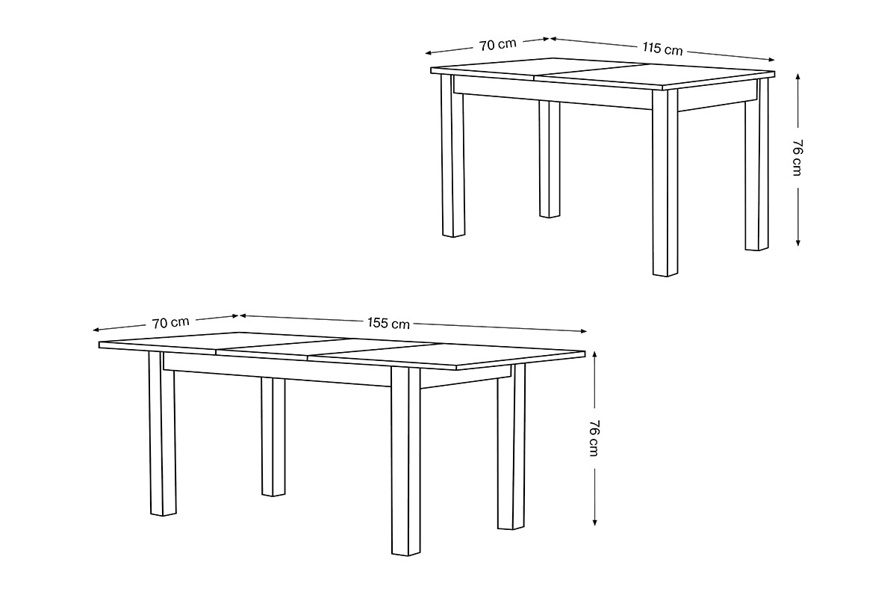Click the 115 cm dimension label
click(x=662, y=49)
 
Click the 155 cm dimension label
click(x=388, y=323)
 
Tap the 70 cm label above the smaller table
click(x=498, y=45)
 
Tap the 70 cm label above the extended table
click(x=170, y=322)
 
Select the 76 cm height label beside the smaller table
click(x=797, y=158)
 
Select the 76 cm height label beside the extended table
click(x=594, y=438)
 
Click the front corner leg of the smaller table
click(x=665, y=182)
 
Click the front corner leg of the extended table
click(x=405, y=461)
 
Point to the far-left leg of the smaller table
click(x=453, y=155)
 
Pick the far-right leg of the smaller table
click(x=757, y=164)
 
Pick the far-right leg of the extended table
click(x=511, y=446)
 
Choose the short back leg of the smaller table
click(x=550, y=159)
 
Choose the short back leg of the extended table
click(x=273, y=437)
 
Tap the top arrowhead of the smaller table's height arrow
click(x=797, y=76)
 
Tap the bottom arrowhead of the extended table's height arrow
click(x=595, y=522)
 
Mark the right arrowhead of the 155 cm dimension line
click(x=584, y=331)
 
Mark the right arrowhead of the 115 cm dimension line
click(x=772, y=60)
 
